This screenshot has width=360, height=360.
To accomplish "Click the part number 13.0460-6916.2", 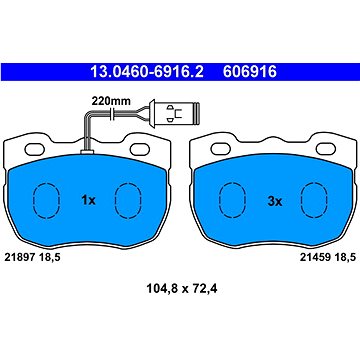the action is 147,72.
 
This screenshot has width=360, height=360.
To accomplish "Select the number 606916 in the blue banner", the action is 250,72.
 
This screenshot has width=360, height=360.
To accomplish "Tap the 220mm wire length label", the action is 111,101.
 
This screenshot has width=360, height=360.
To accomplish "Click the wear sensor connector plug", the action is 174,113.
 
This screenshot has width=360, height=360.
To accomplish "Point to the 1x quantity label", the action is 88,201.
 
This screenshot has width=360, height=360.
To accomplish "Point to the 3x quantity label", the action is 275,201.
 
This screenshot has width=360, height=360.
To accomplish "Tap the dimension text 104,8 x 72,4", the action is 182,288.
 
